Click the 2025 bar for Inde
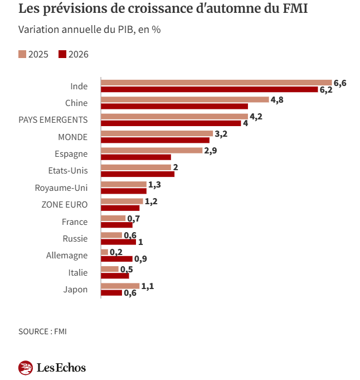tap(216, 83)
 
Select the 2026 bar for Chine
tap(174, 106)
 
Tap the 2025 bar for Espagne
tap(152, 150)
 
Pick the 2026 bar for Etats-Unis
tap(138, 174)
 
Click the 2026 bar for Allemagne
tap(117, 259)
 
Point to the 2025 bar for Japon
tap(120, 286)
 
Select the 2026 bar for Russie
tap(119, 242)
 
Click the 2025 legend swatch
tap(22, 54)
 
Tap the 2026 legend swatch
tap(62, 54)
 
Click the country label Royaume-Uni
tap(61, 187)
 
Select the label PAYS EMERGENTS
tap(53, 119)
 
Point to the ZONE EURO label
tap(65, 204)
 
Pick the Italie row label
tap(78, 272)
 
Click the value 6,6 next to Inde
tap(340, 83)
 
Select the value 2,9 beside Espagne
tap(211, 151)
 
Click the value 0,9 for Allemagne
tap(140, 259)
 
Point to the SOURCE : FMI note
tap(42, 331)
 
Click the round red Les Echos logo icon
tap(26, 368)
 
